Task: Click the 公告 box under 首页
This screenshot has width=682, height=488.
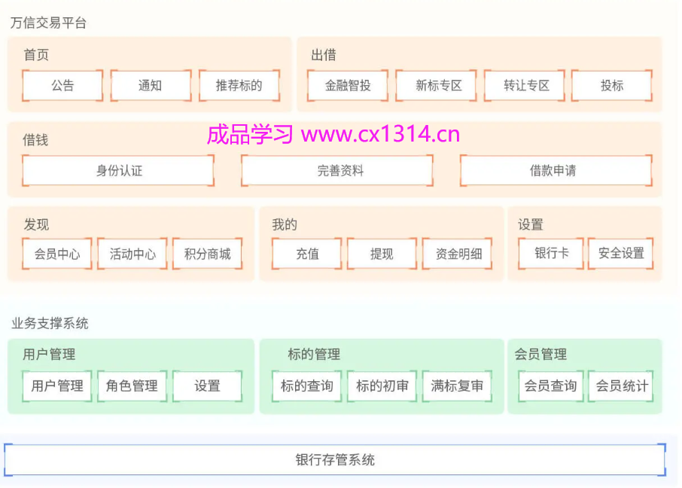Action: point(62,86)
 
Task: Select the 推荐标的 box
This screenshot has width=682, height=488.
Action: point(239,86)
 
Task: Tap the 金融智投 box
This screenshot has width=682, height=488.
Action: point(348,86)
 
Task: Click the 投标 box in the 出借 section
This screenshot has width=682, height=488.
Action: point(612,86)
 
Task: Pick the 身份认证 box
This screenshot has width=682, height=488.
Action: point(118,171)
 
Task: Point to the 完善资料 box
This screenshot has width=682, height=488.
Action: point(337,171)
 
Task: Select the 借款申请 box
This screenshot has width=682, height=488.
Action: point(556,171)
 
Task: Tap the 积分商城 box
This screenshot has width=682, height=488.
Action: point(207,254)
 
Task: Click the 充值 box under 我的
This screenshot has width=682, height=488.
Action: point(306,254)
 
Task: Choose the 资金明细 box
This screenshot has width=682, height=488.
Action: point(457,254)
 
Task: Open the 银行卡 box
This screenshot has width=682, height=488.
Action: point(551,254)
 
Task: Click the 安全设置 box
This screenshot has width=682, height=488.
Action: point(621,254)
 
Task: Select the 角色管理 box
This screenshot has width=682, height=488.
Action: point(132,386)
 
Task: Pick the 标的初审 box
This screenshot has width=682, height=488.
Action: point(382,386)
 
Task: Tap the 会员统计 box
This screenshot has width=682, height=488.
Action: point(622,386)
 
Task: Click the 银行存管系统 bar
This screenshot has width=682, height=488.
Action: point(335,459)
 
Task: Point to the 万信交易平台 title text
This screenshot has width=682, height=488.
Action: point(48,23)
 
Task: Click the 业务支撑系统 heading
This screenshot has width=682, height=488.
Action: point(50,323)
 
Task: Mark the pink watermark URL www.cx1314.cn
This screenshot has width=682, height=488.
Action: point(380,135)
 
